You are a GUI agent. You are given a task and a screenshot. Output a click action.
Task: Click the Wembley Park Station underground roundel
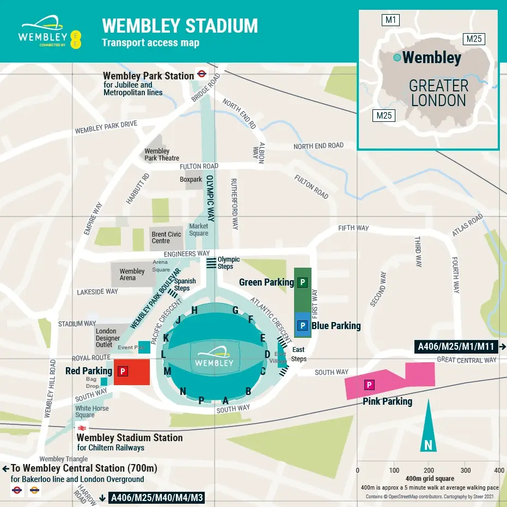point(201,76)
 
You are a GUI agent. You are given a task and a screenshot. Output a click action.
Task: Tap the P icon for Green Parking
point(303,282)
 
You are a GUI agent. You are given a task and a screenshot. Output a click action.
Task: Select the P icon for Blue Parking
point(303,326)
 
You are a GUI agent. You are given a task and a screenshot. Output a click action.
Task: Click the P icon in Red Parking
point(123,372)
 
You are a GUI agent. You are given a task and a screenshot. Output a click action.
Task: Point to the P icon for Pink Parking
point(369,385)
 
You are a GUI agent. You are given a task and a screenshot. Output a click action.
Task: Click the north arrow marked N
point(428,445)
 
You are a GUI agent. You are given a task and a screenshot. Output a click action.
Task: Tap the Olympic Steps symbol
point(211,263)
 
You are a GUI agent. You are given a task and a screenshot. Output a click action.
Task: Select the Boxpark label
point(191,180)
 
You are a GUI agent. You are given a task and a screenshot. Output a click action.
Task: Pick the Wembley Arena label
point(132,275)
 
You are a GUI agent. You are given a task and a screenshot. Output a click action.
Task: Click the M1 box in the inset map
point(391,21)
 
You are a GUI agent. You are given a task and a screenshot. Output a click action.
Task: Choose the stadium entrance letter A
point(225,400)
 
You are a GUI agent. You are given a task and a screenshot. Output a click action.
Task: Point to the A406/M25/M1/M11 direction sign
point(456,347)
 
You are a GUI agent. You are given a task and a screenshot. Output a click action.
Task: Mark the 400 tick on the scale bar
point(499,470)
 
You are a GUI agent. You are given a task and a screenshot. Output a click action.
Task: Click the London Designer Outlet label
point(107,338)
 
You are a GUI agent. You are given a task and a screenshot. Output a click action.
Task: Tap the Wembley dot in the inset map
point(397,58)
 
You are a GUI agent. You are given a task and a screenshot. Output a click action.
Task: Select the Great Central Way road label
point(467,360)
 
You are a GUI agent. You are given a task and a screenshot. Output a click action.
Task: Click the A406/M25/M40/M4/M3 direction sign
point(157,497)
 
